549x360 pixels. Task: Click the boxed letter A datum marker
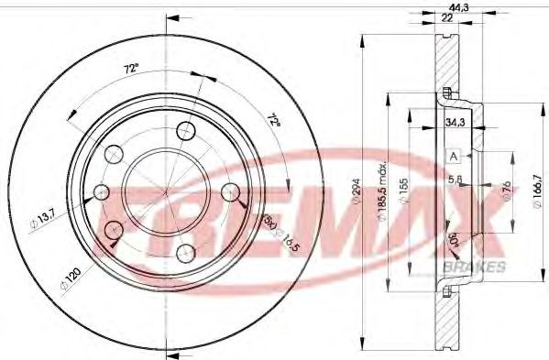click(453, 156)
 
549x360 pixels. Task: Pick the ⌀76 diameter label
click(505, 191)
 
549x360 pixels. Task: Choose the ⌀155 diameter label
click(404, 196)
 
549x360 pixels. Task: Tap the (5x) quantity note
click(267, 221)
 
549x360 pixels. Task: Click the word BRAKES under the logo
click(474, 266)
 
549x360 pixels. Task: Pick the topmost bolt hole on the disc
click(187, 129)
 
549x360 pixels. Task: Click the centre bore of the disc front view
click(161, 191)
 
